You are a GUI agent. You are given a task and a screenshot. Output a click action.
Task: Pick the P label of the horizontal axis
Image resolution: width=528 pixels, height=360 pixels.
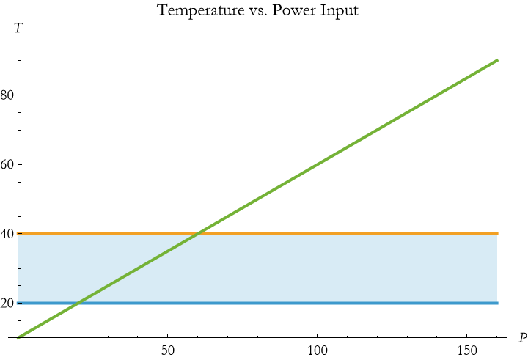click(522, 338)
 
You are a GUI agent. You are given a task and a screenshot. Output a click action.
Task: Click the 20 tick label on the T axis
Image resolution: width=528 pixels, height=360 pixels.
click(7, 303)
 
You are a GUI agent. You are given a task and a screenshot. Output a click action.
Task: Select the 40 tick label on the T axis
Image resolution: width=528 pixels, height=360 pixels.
click(7, 234)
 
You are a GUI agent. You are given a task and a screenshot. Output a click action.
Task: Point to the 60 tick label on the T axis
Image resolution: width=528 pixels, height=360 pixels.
click(7, 164)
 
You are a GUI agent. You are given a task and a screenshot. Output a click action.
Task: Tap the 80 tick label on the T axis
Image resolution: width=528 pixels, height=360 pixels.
click(7, 95)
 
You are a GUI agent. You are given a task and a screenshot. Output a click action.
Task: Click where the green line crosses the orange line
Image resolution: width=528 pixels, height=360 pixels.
click(198, 234)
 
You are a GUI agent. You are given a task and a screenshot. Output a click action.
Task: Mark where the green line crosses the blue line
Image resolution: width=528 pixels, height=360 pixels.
click(78, 303)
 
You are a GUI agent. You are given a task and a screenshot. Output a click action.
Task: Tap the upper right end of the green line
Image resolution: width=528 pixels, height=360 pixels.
click(497, 60)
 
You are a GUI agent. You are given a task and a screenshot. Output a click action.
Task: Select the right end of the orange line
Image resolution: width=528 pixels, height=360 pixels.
click(497, 234)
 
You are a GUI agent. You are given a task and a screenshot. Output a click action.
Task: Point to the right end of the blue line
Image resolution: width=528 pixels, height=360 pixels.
click(497, 303)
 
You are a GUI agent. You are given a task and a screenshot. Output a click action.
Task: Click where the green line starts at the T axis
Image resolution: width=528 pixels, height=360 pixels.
click(18, 338)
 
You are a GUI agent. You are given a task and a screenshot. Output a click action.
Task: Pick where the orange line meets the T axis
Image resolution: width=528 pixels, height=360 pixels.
click(18, 234)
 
